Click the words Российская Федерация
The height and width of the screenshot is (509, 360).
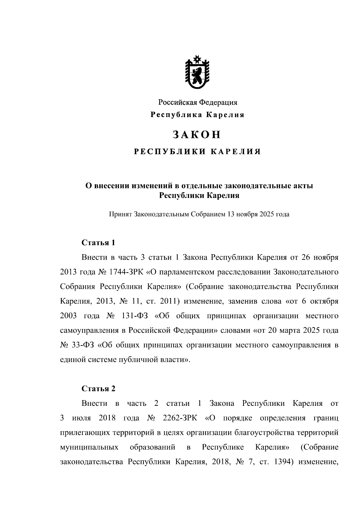point(198,103)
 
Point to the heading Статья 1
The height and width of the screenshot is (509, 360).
point(98,243)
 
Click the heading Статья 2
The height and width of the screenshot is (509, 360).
point(98,389)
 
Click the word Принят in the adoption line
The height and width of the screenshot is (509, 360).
point(120,214)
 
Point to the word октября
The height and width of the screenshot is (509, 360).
point(324,301)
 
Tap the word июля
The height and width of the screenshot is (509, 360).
point(81,418)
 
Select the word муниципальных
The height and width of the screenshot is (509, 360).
point(89,448)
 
